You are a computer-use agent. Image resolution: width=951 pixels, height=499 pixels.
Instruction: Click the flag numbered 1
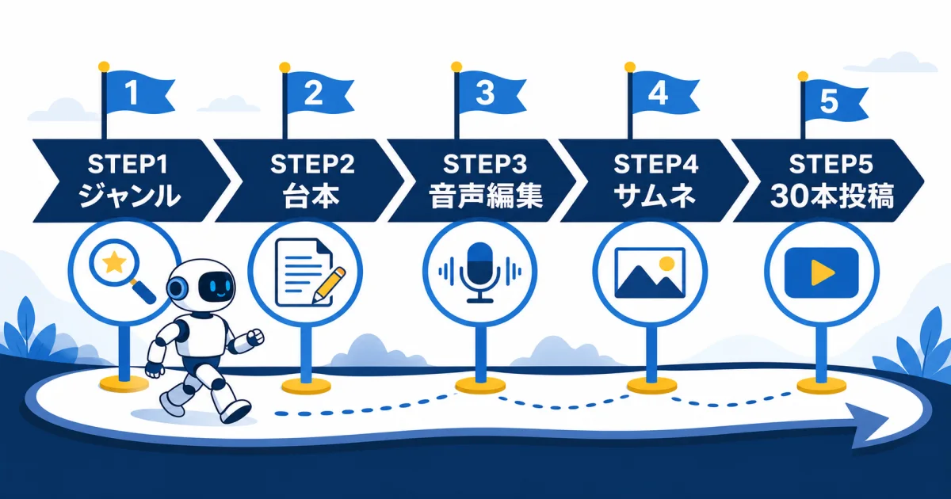point(138,93)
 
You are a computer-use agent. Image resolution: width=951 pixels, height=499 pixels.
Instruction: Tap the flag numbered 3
point(491,93)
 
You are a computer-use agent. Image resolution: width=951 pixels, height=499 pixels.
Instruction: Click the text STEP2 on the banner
point(312,164)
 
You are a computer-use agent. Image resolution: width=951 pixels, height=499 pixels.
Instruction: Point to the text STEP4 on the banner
point(656,164)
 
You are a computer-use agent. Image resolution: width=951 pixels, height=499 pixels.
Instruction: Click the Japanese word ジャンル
point(129,196)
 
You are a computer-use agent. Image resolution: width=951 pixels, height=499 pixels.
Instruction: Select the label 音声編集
point(485,196)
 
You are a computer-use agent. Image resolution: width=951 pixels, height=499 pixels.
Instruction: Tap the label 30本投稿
point(832,196)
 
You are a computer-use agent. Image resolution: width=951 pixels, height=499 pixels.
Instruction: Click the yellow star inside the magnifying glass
point(114,263)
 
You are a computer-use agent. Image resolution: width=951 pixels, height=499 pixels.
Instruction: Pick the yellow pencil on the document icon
point(330,285)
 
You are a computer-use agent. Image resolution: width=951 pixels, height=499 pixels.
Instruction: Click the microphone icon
point(479,272)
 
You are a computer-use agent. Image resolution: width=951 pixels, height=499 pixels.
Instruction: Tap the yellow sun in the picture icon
point(667,264)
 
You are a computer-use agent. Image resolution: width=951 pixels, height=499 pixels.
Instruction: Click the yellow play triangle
point(822,272)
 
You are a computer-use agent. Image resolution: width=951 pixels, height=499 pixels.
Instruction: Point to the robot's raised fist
point(255,337)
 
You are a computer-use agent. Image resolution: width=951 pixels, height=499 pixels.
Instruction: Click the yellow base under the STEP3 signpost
point(480,386)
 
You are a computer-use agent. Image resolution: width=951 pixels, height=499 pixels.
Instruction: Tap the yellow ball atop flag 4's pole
point(630,67)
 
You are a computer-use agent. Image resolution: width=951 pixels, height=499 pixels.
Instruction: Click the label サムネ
point(655,196)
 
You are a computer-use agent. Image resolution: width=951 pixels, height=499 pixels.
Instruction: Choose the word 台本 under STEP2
point(311,196)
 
